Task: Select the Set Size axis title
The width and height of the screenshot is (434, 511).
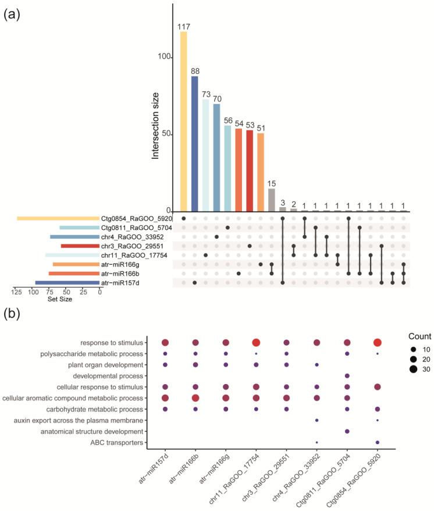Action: pos(57,300)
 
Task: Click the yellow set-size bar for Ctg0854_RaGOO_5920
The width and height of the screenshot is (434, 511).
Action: pos(58,218)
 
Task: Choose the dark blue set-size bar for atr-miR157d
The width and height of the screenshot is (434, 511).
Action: pos(67,283)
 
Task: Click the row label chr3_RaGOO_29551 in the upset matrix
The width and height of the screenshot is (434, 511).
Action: pos(126,246)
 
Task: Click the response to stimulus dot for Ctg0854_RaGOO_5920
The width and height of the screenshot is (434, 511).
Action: pos(378,343)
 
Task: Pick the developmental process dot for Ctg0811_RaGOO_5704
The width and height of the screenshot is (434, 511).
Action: pos(347,376)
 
